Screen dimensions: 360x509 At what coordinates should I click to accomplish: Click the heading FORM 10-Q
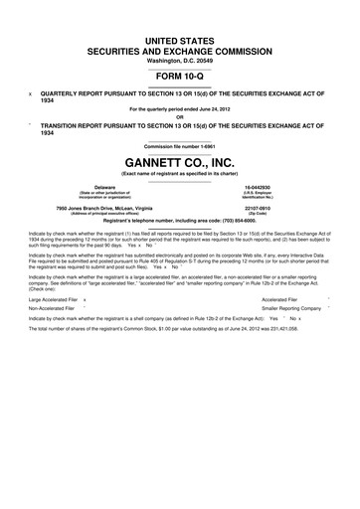(179, 73)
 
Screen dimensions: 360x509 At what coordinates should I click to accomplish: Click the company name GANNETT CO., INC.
(179, 161)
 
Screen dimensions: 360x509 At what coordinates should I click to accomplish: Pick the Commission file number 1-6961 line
(179, 146)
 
